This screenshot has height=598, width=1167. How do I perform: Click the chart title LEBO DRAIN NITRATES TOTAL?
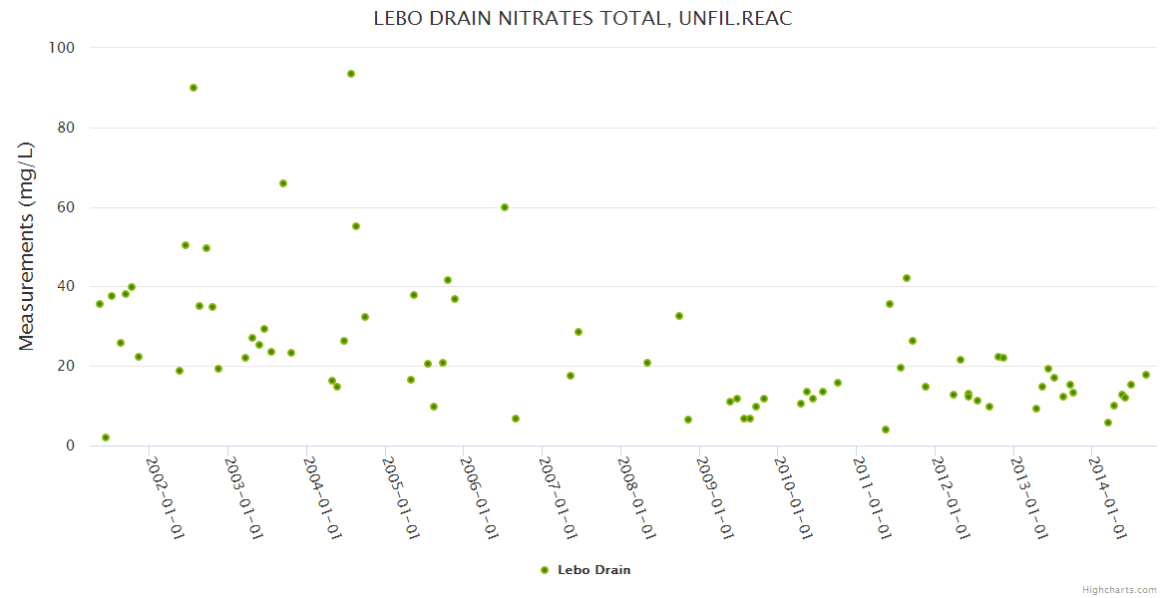click(583, 19)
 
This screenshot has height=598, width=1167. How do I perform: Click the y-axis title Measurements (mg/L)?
click(27, 246)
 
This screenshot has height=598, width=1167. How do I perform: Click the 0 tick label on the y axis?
click(72, 446)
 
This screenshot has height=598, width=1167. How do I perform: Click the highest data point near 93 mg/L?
click(351, 74)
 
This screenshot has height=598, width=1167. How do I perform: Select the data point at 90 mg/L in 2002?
click(194, 88)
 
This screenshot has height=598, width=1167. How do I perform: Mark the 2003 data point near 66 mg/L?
click(283, 183)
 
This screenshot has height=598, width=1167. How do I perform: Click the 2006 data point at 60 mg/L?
click(505, 207)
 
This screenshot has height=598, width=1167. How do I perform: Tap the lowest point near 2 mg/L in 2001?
click(106, 438)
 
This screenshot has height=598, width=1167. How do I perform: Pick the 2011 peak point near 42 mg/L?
click(907, 278)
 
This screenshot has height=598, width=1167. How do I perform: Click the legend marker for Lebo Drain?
click(545, 570)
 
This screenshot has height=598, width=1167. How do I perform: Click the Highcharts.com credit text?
click(1119, 589)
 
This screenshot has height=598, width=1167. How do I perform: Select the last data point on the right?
click(1146, 375)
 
